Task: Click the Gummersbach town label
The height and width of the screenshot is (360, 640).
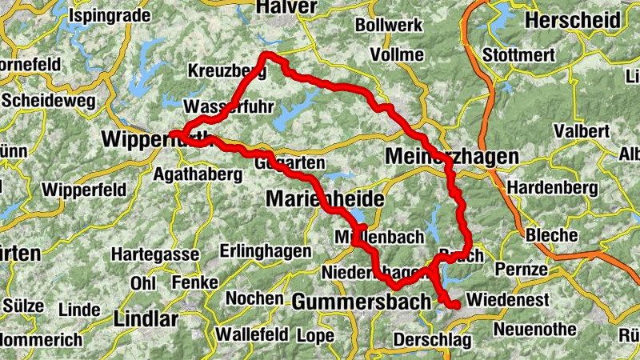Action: tap(362, 302)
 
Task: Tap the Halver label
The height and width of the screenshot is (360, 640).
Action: tap(286, 7)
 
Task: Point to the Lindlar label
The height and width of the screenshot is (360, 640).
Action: tap(146, 318)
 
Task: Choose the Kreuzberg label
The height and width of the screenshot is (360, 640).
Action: tap(226, 71)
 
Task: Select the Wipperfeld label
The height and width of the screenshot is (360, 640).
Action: tap(83, 190)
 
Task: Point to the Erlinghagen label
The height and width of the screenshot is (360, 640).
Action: tap(265, 251)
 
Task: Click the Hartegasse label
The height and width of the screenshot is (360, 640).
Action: tap(155, 254)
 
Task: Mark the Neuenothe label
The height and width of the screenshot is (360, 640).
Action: tap(535, 329)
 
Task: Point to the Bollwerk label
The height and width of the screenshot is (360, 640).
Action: tap(388, 26)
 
